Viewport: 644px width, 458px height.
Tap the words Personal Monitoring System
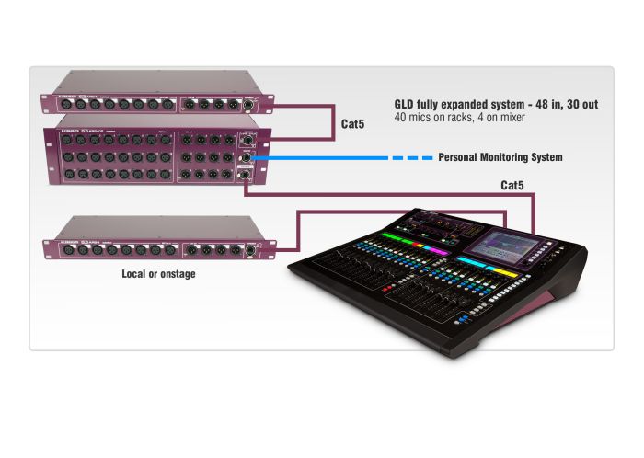pyautogui.click(x=500, y=158)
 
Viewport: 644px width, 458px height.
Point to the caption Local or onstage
pyautogui.click(x=158, y=274)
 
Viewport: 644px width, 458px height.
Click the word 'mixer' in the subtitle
pyautogui.click(x=520, y=120)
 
